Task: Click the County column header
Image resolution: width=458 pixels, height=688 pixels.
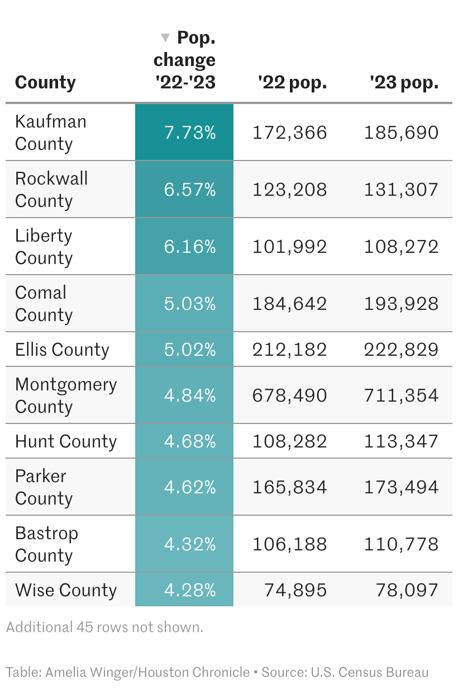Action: pos(45,82)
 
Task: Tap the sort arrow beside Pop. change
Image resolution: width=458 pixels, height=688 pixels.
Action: pos(165,38)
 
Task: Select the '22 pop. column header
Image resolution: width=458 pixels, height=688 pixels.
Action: pos(292,82)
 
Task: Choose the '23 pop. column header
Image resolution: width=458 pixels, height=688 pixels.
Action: pos(404,82)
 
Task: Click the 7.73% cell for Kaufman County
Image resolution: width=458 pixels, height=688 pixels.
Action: pos(190,133)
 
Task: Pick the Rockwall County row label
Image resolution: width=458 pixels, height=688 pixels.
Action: pos(51,190)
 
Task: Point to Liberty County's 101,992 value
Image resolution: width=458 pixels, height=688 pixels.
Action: pos(289,247)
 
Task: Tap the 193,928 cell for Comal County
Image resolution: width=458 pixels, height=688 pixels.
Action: pos(401,304)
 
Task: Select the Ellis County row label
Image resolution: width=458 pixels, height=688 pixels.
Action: pos(62,350)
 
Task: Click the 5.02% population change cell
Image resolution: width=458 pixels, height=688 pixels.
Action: pos(190,350)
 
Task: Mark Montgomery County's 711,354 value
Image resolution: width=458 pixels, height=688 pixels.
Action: pos(401,395)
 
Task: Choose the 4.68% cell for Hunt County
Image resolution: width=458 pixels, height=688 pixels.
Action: pos(190,441)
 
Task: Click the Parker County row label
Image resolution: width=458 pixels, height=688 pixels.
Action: pos(44,487)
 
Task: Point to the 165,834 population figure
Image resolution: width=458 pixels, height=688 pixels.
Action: pos(289,487)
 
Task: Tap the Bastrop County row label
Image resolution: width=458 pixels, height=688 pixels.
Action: pos(46,544)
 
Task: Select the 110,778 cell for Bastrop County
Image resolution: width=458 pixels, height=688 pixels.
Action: pos(401,544)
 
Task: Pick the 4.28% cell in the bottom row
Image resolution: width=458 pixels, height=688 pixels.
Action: pos(190,590)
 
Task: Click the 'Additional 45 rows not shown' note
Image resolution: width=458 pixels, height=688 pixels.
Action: pos(104,627)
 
